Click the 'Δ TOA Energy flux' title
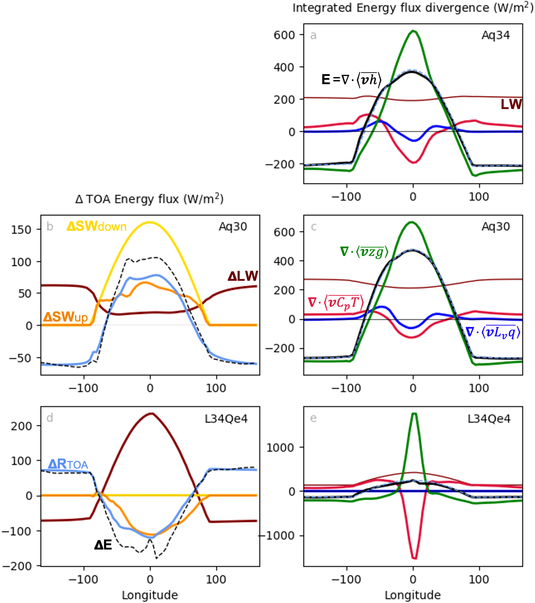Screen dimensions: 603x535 pyautogui.click(x=149, y=199)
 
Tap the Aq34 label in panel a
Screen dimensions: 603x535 pyautogui.click(x=495, y=35)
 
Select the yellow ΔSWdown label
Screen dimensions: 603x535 pyautogui.click(x=97, y=227)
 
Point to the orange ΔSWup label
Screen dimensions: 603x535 pyautogui.click(x=65, y=317)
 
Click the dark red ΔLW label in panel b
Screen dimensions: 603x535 pyautogui.click(x=243, y=276)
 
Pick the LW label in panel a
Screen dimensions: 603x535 pyautogui.click(x=511, y=104)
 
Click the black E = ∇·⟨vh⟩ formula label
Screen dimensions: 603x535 pyautogui.click(x=351, y=80)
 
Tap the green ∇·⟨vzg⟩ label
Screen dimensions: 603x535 pyautogui.click(x=364, y=252)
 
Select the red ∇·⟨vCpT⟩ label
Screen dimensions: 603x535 pyautogui.click(x=336, y=303)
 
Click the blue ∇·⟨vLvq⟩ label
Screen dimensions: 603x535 pyautogui.click(x=493, y=332)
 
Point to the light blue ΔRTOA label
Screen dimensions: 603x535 pyautogui.click(x=68, y=464)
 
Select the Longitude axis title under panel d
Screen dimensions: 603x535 pyautogui.click(x=150, y=595)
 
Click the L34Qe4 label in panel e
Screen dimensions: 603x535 pyautogui.click(x=489, y=419)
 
